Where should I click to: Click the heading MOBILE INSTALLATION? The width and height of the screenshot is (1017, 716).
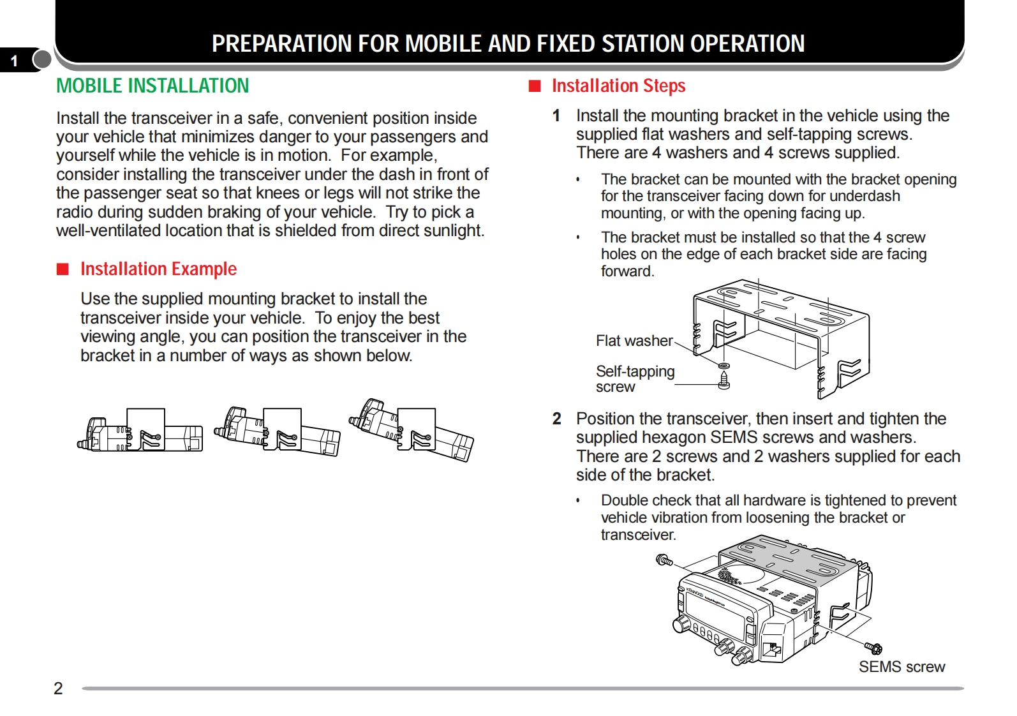pos(152,86)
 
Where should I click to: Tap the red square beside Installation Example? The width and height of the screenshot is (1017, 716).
pos(63,269)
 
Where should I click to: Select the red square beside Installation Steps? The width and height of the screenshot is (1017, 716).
pos(535,86)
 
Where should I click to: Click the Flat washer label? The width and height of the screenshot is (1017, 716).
pos(634,341)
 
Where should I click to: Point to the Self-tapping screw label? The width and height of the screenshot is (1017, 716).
pos(634,378)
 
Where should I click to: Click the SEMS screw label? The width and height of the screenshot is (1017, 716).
pos(901,667)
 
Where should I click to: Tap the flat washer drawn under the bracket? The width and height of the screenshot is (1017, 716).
pos(724,366)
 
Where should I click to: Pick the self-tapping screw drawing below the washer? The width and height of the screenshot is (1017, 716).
pos(724,380)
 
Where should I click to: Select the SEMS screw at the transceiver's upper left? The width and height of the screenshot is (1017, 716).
pos(664,560)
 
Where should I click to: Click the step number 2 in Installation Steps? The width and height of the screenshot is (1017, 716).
pos(557,419)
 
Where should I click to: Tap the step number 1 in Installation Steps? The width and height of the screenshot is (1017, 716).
pos(556,116)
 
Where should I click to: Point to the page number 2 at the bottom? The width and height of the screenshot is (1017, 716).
pos(58,688)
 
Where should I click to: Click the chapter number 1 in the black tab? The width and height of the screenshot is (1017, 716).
pos(14,61)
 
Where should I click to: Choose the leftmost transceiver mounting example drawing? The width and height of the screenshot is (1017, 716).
pos(140,431)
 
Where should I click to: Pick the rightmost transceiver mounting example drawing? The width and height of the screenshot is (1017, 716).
pos(412,431)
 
